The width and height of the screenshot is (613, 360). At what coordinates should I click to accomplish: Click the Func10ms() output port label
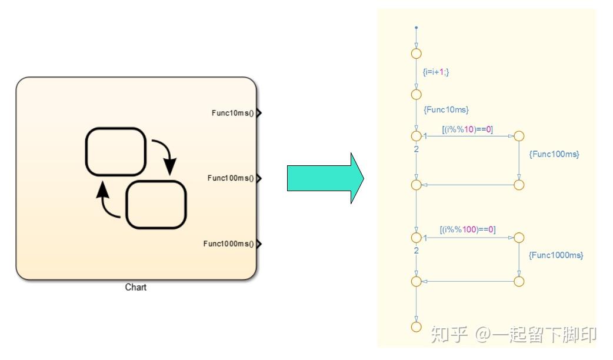point(232,113)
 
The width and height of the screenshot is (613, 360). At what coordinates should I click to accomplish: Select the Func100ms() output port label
point(230,178)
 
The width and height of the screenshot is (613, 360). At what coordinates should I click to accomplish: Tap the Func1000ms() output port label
point(228,244)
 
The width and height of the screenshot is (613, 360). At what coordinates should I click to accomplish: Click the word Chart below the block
point(135,288)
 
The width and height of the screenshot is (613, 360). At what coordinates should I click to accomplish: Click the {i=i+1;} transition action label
point(436,72)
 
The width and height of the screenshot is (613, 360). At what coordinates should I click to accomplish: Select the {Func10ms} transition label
point(446,109)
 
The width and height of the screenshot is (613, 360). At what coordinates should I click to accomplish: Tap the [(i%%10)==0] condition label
point(467,129)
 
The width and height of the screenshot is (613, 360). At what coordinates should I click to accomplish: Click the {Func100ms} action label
point(554,154)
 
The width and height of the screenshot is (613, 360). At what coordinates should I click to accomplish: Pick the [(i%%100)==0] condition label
point(468,229)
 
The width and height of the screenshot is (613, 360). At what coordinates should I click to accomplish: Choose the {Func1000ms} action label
point(556,255)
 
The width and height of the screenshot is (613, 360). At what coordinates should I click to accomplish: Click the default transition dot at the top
point(416,28)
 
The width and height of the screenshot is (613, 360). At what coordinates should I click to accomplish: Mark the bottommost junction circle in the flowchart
point(416,326)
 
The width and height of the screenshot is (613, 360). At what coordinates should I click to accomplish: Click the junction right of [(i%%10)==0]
point(518,136)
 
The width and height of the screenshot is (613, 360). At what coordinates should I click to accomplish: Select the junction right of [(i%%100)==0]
point(518,238)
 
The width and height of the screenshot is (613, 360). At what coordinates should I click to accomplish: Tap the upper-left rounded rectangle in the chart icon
point(115,151)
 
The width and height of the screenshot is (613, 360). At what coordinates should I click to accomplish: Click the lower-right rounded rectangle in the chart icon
point(156,205)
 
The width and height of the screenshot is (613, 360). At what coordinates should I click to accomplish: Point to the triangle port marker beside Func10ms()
point(259,113)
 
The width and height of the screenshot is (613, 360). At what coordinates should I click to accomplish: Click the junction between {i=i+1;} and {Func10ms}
point(416,94)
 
